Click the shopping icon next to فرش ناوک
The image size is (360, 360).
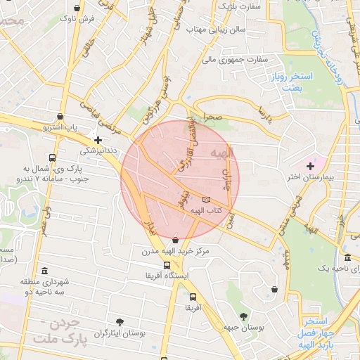[76, 8]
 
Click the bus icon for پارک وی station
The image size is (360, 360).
[53, 157]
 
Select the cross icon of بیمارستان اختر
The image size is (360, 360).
[310, 165]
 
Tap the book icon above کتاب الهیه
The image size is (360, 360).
[205, 200]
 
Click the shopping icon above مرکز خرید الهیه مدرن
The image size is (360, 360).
[175, 240]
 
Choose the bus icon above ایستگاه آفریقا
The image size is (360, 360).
[167, 265]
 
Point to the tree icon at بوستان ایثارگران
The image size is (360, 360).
[120, 321]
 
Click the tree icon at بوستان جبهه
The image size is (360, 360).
[243, 316]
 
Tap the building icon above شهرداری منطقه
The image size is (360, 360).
[44, 271]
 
